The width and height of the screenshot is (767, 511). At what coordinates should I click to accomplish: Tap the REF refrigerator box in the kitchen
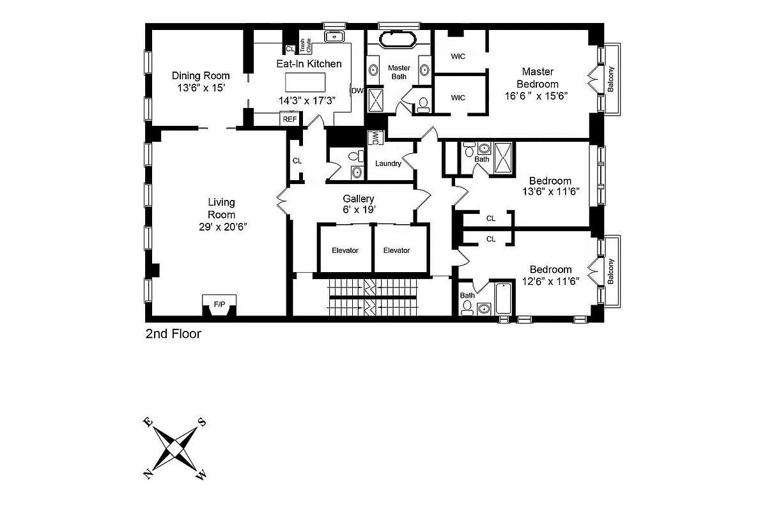pyautogui.click(x=290, y=119)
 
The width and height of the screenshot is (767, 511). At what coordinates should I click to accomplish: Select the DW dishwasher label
pyautogui.click(x=357, y=91)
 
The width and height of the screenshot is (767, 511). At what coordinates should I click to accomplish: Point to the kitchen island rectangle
pyautogui.click(x=305, y=82)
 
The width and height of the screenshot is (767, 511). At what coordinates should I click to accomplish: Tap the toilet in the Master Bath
pyautogui.click(x=422, y=105)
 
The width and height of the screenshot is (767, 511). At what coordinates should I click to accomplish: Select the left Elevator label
pyautogui.click(x=345, y=250)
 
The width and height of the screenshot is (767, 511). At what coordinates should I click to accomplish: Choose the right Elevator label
pyautogui.click(x=396, y=250)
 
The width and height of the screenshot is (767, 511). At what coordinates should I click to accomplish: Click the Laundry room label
pyautogui.click(x=388, y=164)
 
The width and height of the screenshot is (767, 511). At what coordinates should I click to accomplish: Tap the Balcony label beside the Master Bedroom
pyautogui.click(x=611, y=80)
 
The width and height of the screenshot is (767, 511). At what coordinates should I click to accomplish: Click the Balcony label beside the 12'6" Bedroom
pyautogui.click(x=611, y=271)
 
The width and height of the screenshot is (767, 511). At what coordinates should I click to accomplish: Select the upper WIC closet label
pyautogui.click(x=458, y=56)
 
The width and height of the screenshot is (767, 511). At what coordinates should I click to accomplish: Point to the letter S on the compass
pyautogui.click(x=202, y=422)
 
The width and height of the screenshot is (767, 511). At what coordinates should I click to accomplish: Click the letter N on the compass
pyautogui.click(x=148, y=473)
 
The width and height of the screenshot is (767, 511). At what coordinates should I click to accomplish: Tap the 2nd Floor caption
pyautogui.click(x=173, y=333)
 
